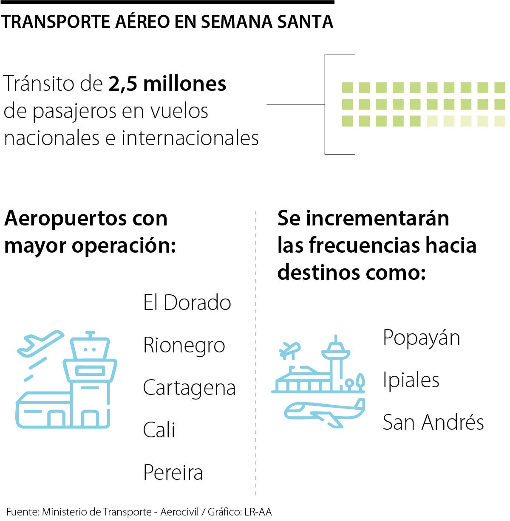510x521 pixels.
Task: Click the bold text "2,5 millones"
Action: [167, 84]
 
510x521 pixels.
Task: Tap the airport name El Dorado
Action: [187, 303]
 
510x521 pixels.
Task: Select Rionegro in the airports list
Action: [184, 345]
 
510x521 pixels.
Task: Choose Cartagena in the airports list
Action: [189, 388]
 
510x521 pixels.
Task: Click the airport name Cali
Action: [159, 430]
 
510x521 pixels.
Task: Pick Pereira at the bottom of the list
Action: [173, 472]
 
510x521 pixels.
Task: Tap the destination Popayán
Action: [421, 338]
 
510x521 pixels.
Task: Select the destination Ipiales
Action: [411, 380]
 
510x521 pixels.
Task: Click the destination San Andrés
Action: [433, 422]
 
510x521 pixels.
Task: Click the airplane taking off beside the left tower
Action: [40, 342]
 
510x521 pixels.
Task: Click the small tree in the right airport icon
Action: [360, 380]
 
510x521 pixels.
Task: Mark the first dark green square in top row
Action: [347, 88]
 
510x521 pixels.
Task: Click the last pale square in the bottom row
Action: [500, 121]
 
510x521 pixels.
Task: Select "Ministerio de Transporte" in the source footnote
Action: [96, 512]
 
